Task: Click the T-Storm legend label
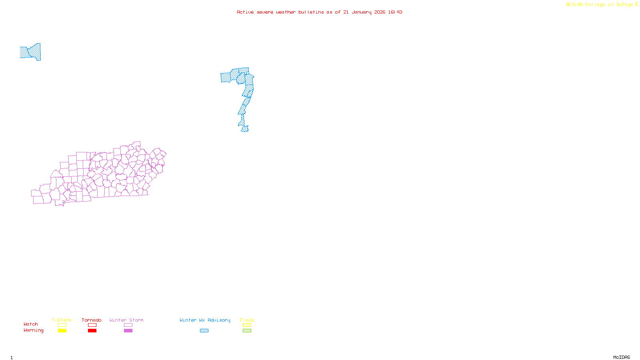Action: (62, 320)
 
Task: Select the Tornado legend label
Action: (92, 320)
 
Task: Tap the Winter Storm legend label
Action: (126, 320)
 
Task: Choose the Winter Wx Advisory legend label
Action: (205, 320)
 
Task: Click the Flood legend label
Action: (247, 320)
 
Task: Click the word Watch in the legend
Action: (31, 324)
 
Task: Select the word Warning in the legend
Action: (34, 330)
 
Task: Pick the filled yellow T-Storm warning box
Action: (62, 331)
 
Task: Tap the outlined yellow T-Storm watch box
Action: (62, 325)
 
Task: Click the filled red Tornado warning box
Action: (92, 331)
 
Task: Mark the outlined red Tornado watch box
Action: (92, 325)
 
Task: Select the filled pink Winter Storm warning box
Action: (128, 331)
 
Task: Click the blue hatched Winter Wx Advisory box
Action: (204, 331)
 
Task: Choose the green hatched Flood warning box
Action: (247, 331)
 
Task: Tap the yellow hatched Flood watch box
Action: (247, 325)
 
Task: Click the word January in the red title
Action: (361, 12)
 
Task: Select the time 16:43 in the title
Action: (395, 12)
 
